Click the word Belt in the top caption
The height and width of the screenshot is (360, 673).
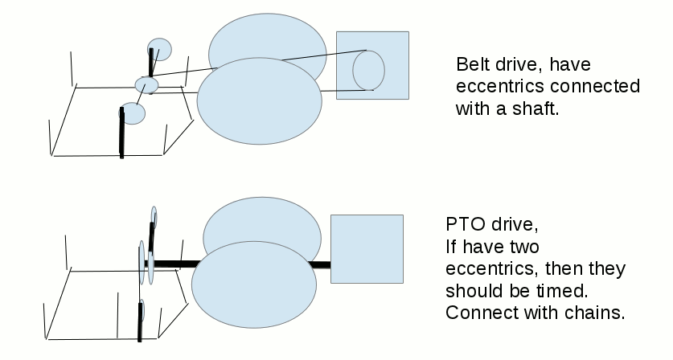(472, 64)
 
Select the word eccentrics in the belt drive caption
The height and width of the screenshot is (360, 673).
(494, 87)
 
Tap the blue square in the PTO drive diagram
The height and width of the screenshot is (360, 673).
(367, 249)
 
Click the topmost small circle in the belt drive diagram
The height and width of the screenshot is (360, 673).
(159, 50)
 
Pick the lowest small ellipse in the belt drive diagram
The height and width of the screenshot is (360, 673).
(132, 113)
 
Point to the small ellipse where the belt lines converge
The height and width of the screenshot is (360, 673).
(146, 84)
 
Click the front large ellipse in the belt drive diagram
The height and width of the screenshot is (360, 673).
(259, 100)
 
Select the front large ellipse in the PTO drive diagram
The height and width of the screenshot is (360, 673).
(253, 285)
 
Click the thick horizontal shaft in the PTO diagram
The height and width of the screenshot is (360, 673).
(173, 263)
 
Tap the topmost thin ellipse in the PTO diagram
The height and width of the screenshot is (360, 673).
(153, 218)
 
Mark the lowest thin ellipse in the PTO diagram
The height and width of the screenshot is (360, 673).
(142, 312)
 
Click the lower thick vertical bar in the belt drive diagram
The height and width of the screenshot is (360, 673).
(122, 133)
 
